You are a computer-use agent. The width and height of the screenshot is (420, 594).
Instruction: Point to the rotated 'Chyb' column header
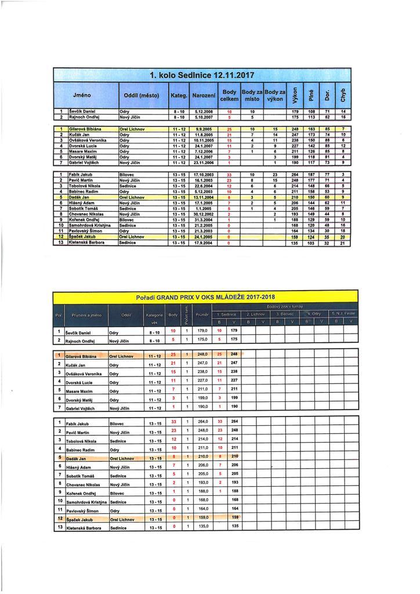point(343,93)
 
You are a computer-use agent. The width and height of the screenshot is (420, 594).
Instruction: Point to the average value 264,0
point(202,422)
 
